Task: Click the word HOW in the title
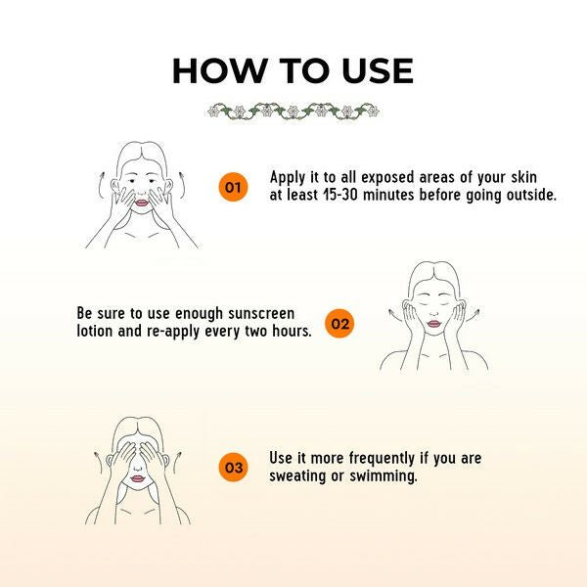219,70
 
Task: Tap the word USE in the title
378,70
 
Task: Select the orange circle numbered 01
233,187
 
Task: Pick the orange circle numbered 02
339,324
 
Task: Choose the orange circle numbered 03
233,468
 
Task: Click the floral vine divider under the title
293,112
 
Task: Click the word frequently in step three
382,459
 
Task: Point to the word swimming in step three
384,477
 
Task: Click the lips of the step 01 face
142,203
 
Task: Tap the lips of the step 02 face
433,324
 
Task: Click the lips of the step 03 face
137,478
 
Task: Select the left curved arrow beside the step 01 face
101,185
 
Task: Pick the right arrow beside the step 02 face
473,314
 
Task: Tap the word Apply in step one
288,177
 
